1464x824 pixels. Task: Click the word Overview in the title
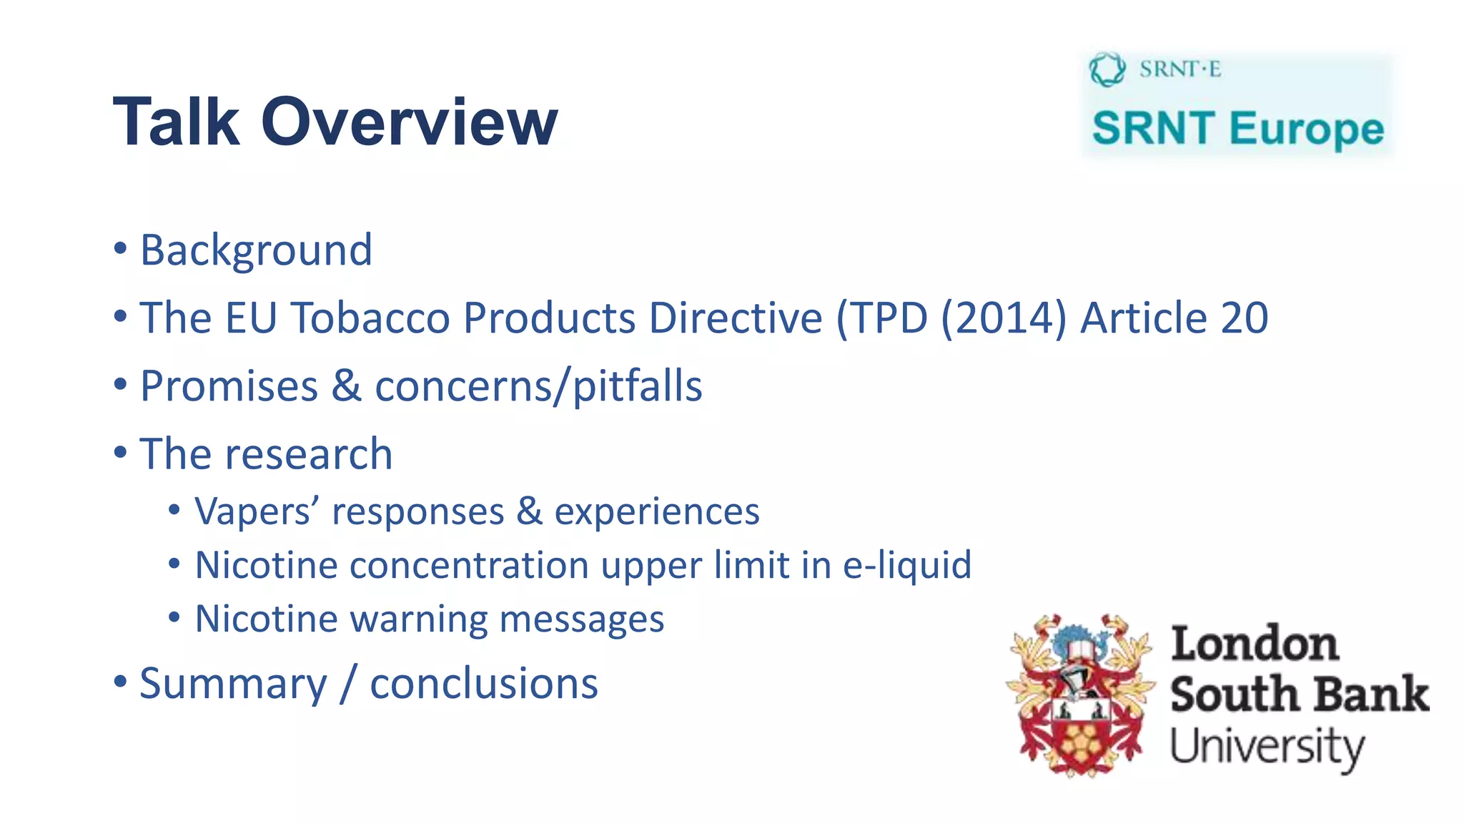point(409,123)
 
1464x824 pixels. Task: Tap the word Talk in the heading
point(176,123)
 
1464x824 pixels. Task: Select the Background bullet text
point(256,250)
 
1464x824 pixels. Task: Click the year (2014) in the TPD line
point(1004,318)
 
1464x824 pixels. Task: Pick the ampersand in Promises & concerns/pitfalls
point(346,386)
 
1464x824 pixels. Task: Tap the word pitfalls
point(638,386)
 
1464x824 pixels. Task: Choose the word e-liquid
point(907,565)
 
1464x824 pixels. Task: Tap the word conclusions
point(484,684)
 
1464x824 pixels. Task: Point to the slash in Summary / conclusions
point(348,684)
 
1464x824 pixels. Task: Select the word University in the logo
point(1267,747)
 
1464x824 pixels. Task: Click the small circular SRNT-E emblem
point(1107,69)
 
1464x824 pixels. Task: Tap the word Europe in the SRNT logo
point(1307,129)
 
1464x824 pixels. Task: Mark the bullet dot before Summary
point(120,680)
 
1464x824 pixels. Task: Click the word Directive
point(736,318)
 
